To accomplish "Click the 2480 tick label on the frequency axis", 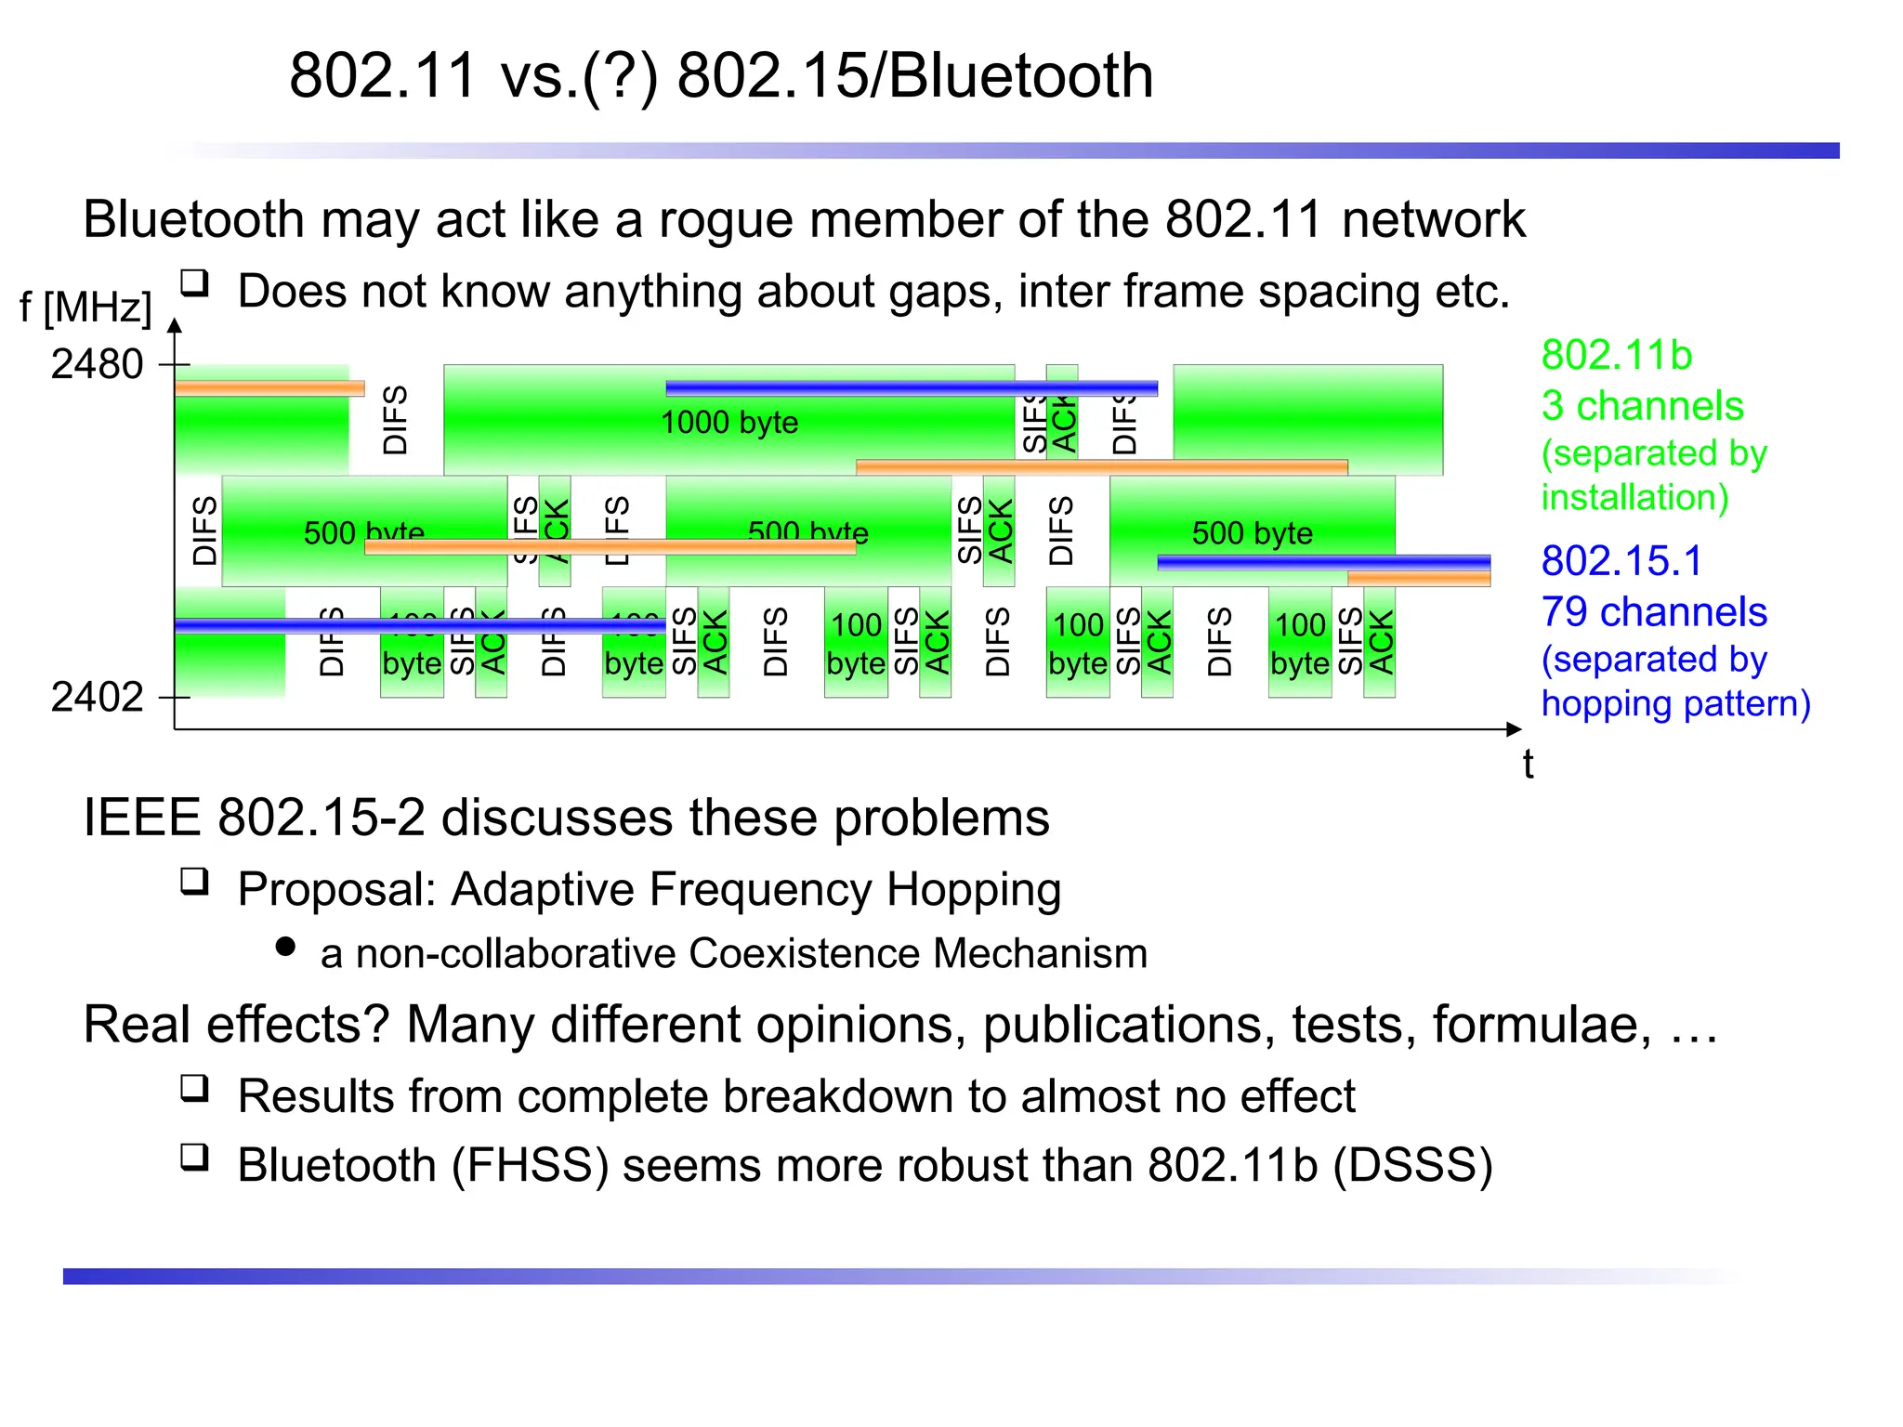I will coord(97,364).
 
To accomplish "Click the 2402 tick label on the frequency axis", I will coord(97,697).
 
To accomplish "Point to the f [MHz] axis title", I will coord(85,307).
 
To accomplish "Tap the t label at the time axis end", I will coord(1528,764).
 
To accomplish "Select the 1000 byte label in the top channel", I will coord(729,423).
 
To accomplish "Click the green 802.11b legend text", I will coord(1617,356).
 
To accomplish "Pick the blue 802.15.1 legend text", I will coord(1621,561).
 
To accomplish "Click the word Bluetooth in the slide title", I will coord(1020,75).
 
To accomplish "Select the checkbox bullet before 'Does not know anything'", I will coord(194,282).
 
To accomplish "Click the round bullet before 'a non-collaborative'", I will coord(286,947).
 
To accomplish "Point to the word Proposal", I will coord(337,889).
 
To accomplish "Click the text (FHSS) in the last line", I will coord(530,1165).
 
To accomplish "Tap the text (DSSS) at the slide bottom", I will coord(1412,1165).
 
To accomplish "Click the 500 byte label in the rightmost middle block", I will coord(1252,533).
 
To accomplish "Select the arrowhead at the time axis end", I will coord(1514,729).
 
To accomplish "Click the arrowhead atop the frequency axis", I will coord(175,325).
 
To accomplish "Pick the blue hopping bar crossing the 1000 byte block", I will coord(911,388).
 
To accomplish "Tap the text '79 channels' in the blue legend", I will coord(1654,612).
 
